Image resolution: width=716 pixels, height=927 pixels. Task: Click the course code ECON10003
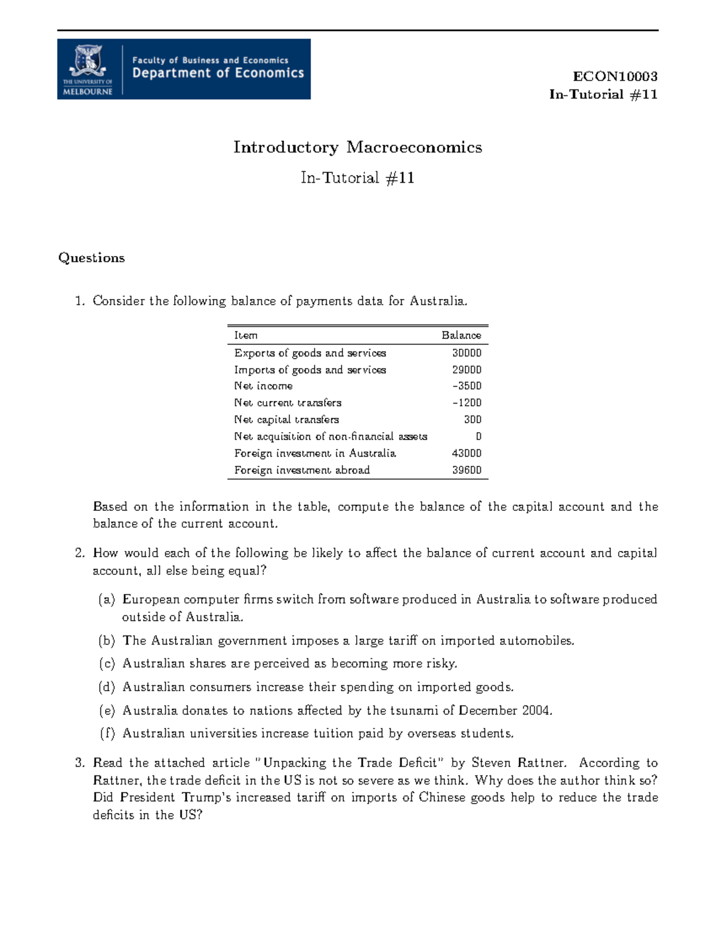pyautogui.click(x=615, y=76)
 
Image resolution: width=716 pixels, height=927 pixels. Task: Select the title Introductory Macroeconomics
pyautogui.click(x=357, y=147)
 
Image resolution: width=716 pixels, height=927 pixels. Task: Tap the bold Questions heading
pyautogui.click(x=91, y=258)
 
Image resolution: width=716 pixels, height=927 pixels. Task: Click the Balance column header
pyautogui.click(x=461, y=335)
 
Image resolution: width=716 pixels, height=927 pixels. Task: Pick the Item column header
pyautogui.click(x=246, y=335)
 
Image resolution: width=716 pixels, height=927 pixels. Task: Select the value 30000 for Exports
pyautogui.click(x=467, y=353)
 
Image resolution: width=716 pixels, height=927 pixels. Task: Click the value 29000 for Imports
pyautogui.click(x=467, y=369)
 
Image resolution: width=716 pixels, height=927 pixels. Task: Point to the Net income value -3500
pyautogui.click(x=467, y=386)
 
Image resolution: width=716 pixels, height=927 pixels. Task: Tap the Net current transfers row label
pyautogui.click(x=288, y=403)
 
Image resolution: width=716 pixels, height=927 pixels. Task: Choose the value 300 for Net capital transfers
pyautogui.click(x=473, y=420)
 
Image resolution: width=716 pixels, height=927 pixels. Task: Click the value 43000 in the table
pyautogui.click(x=467, y=453)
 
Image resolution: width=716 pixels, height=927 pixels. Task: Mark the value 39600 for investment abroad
pyautogui.click(x=467, y=470)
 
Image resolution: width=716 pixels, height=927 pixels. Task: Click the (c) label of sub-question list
pyautogui.click(x=107, y=664)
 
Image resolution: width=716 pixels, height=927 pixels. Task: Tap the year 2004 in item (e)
pyautogui.click(x=536, y=710)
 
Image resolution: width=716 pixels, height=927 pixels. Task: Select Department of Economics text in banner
pyautogui.click(x=218, y=73)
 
